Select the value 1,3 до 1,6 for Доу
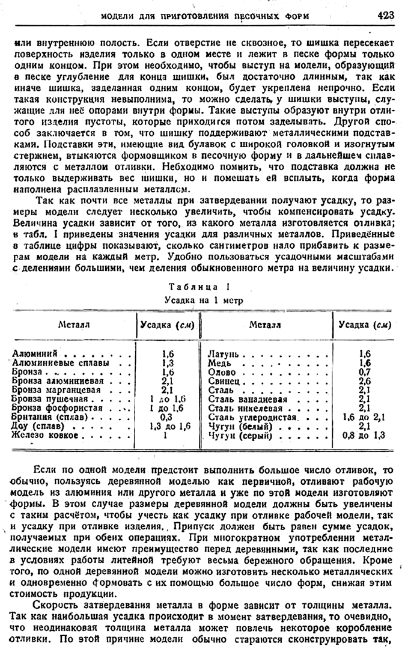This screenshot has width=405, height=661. tap(168, 425)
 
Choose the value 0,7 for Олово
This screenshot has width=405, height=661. tap(364, 373)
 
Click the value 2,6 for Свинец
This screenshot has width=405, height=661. tap(364, 381)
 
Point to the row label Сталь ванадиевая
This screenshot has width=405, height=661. tap(245, 398)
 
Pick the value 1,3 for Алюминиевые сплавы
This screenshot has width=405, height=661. tap(168, 364)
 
